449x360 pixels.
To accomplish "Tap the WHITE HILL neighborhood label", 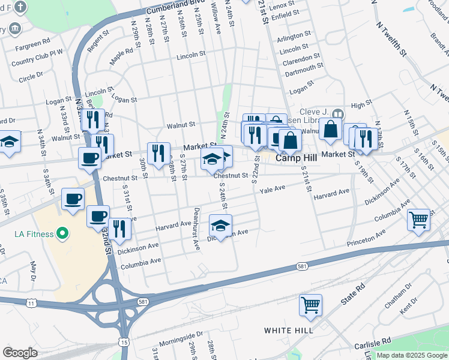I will (288, 331).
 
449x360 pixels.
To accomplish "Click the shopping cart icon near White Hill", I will (310, 305).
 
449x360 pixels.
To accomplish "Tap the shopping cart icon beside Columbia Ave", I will (418, 219).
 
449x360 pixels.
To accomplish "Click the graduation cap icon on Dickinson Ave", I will (220, 226).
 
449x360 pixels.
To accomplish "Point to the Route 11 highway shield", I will (30, 304).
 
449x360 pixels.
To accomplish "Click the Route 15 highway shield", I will (124, 341).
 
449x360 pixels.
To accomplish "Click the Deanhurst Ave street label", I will (196, 229).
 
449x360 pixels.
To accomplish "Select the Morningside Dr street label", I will (179, 335).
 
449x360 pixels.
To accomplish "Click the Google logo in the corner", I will (20, 353).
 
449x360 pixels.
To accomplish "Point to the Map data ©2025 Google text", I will (412, 355).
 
